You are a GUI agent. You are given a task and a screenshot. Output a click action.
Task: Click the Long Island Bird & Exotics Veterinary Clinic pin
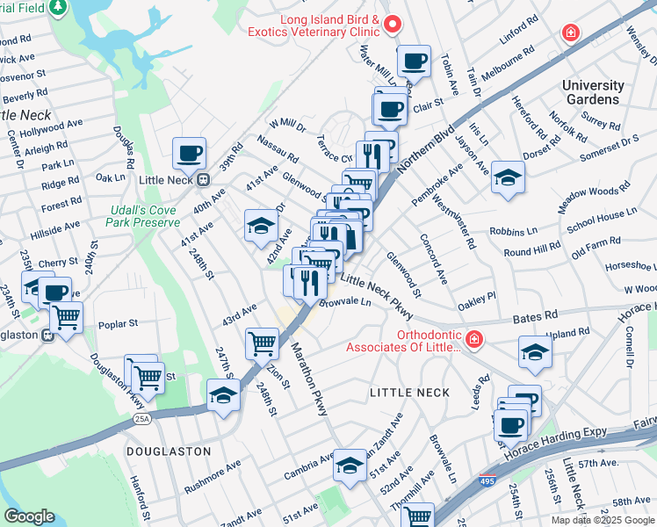pyautogui.click(x=394, y=24)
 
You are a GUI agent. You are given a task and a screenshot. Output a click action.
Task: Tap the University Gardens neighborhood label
pyautogui.click(x=593, y=92)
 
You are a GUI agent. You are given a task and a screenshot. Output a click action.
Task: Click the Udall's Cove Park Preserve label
pyautogui.click(x=144, y=216)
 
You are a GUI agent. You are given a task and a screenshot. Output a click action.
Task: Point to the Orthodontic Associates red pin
pyautogui.click(x=473, y=339)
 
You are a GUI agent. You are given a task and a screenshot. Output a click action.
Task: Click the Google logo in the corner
pyautogui.click(x=30, y=516)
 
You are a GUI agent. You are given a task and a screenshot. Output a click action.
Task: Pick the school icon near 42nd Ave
pyautogui.click(x=261, y=227)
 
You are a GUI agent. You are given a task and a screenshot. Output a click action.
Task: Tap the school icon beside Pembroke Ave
pyautogui.click(x=507, y=178)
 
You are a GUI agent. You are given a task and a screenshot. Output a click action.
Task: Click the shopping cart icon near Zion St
pyautogui.click(x=262, y=345)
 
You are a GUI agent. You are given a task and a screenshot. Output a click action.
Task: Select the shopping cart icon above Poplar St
pyautogui.click(x=66, y=318)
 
